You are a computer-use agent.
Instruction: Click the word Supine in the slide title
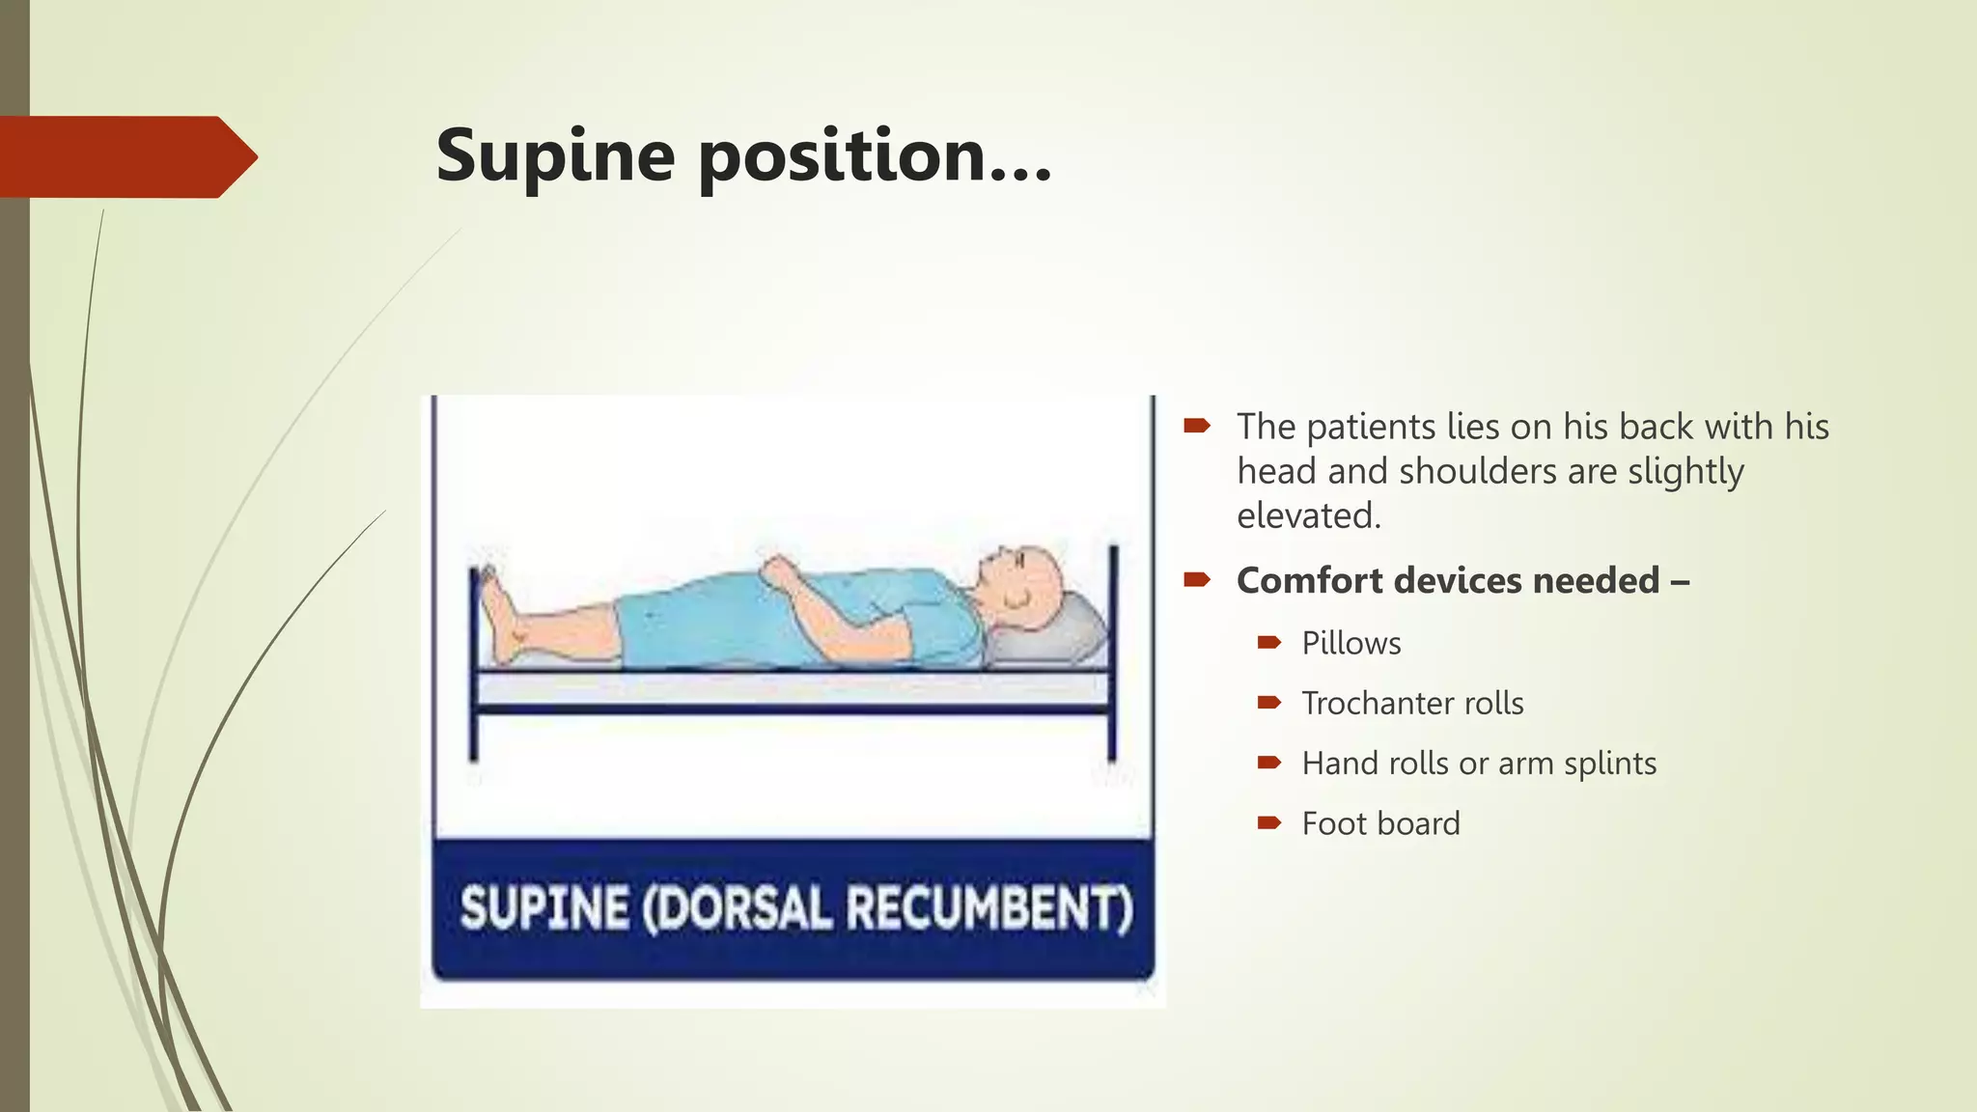(x=555, y=156)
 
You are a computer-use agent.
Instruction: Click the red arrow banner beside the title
(x=125, y=156)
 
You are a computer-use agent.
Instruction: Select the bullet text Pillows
(x=1350, y=644)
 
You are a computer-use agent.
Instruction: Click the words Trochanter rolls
(x=1412, y=704)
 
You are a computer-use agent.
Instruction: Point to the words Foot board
(x=1380, y=824)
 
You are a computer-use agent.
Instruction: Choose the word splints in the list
(x=1610, y=764)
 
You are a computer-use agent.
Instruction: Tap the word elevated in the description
(x=1307, y=516)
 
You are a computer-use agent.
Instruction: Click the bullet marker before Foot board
(x=1268, y=823)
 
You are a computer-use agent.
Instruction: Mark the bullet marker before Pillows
(x=1268, y=643)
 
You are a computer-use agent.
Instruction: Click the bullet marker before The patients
(x=1197, y=426)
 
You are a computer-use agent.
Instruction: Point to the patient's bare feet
(x=502, y=618)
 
